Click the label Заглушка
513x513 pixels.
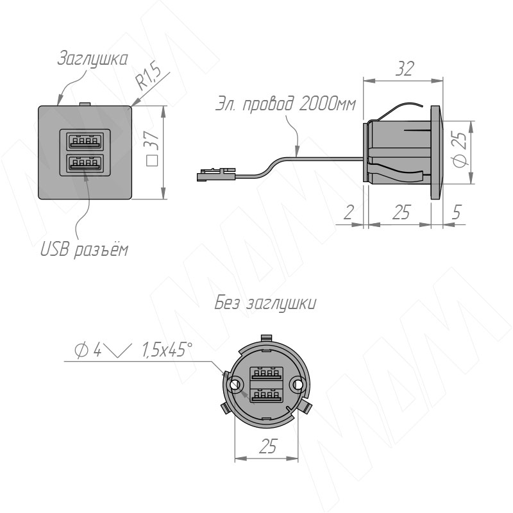click(x=92, y=59)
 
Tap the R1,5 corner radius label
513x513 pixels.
click(x=149, y=78)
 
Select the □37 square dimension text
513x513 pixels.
click(x=153, y=149)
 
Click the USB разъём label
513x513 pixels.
click(x=85, y=250)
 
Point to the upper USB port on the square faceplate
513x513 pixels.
click(x=85, y=140)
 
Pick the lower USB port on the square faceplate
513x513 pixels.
click(x=85, y=163)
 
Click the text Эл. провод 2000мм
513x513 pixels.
click(x=285, y=104)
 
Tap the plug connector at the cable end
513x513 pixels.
click(x=215, y=174)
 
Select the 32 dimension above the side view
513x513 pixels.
click(x=405, y=69)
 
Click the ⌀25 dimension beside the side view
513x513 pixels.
click(x=460, y=149)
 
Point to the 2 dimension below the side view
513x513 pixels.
click(x=349, y=213)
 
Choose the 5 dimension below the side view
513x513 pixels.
click(x=457, y=213)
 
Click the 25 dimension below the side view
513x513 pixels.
click(x=401, y=213)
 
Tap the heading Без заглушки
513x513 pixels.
click(x=265, y=303)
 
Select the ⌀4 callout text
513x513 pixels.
click(x=88, y=350)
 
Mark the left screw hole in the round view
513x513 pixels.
click(x=235, y=385)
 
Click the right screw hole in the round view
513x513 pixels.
click(x=298, y=385)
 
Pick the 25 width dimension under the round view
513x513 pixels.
click(x=268, y=446)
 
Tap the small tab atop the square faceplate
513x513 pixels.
click(x=85, y=104)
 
